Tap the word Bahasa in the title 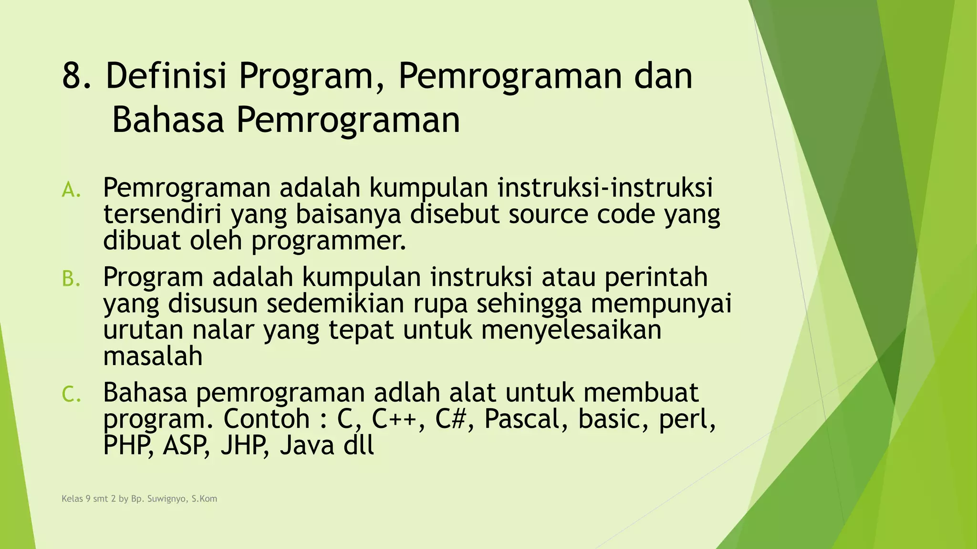click(167, 120)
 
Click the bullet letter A click(71, 190)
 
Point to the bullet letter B click(71, 279)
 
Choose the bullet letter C click(71, 395)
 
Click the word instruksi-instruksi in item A click(605, 187)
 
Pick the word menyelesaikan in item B click(571, 330)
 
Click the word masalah click(153, 356)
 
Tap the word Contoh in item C click(266, 419)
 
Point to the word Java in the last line click(307, 446)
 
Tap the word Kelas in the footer click(72, 499)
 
